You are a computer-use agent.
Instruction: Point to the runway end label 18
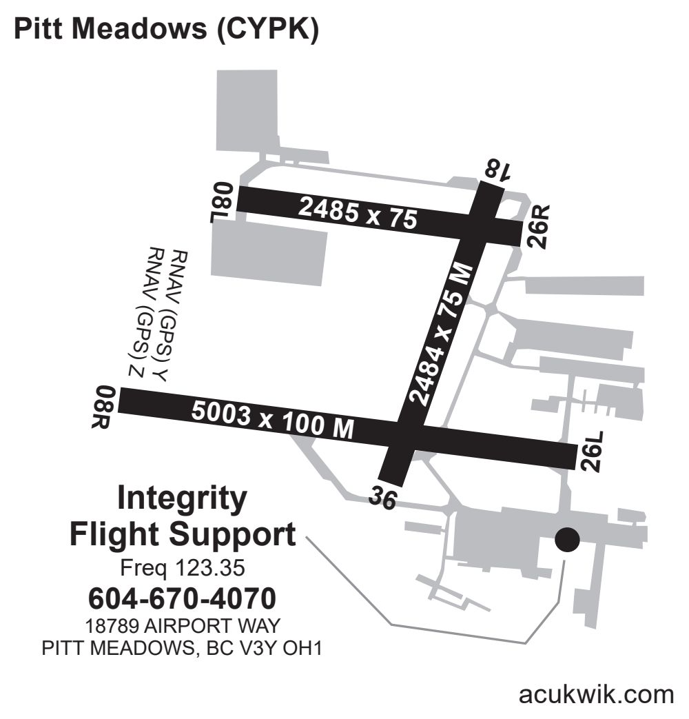tap(497, 170)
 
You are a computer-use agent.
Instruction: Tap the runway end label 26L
tap(592, 453)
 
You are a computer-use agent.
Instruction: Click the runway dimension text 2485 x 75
tap(358, 213)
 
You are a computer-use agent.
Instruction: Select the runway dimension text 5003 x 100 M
tap(272, 421)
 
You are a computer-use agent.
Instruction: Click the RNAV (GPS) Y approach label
tap(171, 314)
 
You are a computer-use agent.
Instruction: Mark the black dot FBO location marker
tap(567, 540)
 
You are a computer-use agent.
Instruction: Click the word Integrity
tap(182, 498)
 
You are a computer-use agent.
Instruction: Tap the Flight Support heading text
tap(183, 534)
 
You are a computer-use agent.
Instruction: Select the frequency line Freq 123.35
tap(183, 569)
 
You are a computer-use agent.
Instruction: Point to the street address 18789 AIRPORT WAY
tap(183, 627)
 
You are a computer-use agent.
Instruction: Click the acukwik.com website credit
tap(597, 695)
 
